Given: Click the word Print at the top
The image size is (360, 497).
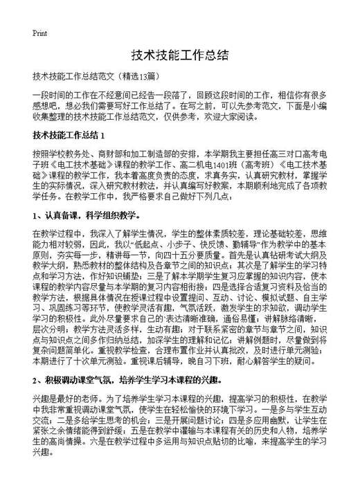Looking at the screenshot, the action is (39, 33).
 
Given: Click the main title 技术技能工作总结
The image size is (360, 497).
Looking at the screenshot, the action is (179, 56).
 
